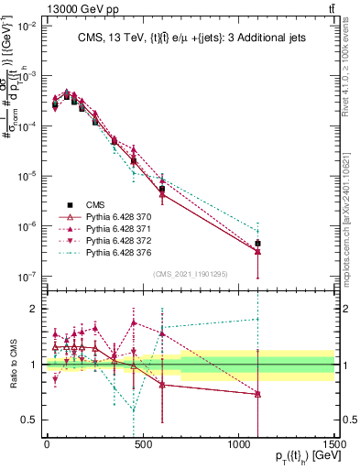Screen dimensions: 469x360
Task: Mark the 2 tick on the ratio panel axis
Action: coord(35,309)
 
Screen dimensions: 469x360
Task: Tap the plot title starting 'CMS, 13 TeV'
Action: coord(190,37)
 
